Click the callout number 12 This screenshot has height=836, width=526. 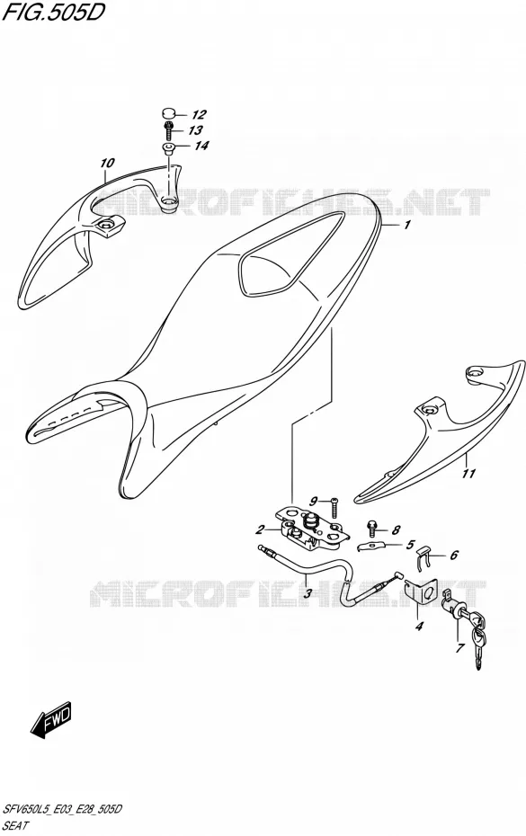(199, 115)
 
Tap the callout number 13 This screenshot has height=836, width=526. (195, 130)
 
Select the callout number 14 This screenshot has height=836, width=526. (201, 145)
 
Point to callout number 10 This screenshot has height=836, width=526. (107, 162)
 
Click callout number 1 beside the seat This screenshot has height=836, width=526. (407, 225)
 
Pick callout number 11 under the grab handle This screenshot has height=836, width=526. (468, 472)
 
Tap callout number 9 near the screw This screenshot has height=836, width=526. (314, 502)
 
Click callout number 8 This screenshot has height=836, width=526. (396, 530)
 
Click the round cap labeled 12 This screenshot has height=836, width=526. (169, 112)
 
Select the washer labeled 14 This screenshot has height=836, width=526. (168, 148)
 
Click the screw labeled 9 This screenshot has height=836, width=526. (334, 506)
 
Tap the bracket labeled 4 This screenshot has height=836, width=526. (422, 592)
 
